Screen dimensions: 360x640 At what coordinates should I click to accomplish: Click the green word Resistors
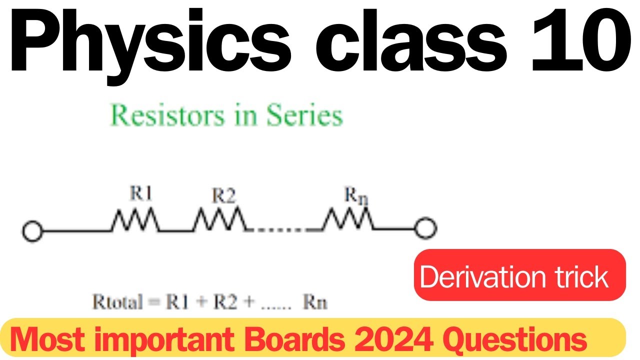click(168, 116)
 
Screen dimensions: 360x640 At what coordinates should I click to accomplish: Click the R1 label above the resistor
click(140, 195)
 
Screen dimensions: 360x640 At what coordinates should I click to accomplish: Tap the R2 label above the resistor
click(223, 196)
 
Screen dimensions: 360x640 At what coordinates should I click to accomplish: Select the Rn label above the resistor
click(355, 196)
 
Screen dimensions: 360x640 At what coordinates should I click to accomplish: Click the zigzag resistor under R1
click(135, 220)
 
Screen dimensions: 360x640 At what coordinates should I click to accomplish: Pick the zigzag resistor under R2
click(220, 220)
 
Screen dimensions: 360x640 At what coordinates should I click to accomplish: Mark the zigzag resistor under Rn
click(349, 220)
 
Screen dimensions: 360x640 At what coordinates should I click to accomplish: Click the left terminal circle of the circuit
click(32, 230)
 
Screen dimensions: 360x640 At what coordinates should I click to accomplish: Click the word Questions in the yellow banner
click(515, 340)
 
